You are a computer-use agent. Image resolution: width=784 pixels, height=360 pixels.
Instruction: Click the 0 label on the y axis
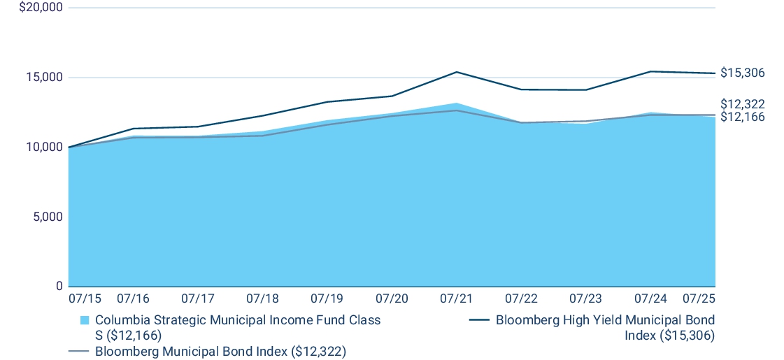(x=59, y=287)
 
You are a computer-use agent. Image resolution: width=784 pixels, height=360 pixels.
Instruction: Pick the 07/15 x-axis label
(x=85, y=298)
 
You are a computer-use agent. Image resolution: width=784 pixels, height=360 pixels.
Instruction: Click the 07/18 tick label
(x=262, y=298)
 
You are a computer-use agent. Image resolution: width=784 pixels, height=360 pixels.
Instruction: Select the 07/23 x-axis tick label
(x=585, y=298)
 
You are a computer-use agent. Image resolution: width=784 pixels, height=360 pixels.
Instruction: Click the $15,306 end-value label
(x=743, y=73)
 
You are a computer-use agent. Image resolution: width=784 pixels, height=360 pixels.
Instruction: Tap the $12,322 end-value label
(x=743, y=104)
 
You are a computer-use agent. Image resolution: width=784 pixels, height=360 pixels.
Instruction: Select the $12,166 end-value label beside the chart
(x=743, y=117)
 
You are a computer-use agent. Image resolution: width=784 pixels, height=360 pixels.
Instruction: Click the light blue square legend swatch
(x=85, y=321)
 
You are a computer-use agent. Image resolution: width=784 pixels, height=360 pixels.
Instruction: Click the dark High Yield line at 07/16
(x=133, y=129)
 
